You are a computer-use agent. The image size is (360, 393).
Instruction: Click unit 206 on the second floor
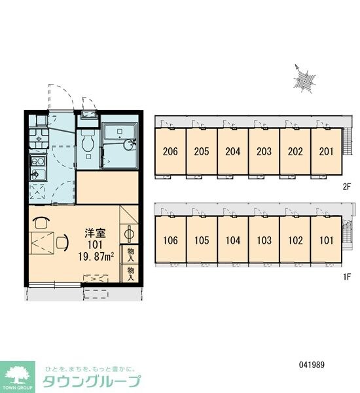(x=170, y=151)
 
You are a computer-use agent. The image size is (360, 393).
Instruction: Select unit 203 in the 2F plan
(x=264, y=151)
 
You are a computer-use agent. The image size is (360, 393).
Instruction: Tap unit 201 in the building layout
(x=326, y=151)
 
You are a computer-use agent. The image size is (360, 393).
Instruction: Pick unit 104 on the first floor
(x=233, y=240)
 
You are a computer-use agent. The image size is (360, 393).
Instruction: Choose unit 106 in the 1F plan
(x=170, y=240)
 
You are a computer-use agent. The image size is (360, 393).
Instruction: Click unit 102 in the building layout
(x=295, y=240)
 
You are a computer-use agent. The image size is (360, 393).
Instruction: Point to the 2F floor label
(x=347, y=187)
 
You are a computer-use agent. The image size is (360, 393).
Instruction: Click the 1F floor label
(x=347, y=276)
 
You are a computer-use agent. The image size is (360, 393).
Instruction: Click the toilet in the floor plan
(x=88, y=143)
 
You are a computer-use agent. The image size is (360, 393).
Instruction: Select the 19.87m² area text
(x=96, y=257)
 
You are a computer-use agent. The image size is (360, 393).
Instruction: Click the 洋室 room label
(x=95, y=233)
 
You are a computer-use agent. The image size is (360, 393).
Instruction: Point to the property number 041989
(x=312, y=364)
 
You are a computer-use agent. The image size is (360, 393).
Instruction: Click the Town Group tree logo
(x=17, y=377)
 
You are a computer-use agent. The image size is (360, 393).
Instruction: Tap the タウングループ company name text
(x=92, y=381)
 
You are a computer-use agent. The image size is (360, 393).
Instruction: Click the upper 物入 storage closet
(x=130, y=254)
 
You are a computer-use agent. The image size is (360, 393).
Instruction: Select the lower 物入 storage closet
(x=130, y=273)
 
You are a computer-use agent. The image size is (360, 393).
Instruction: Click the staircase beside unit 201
(x=347, y=141)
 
